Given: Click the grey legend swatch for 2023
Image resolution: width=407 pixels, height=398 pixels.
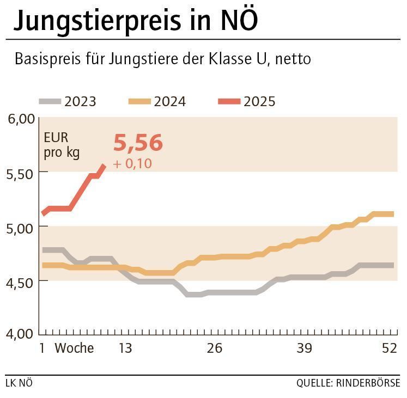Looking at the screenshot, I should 50,101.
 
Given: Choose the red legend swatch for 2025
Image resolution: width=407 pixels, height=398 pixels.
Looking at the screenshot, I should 229,101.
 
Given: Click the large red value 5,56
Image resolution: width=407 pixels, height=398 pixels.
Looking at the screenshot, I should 138,143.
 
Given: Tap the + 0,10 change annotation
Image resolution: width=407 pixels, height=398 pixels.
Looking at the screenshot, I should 132,163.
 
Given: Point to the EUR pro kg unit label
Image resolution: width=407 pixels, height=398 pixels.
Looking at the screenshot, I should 62,145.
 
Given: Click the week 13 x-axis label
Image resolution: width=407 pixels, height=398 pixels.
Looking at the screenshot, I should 125,348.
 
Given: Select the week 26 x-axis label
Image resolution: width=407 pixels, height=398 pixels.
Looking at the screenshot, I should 215,348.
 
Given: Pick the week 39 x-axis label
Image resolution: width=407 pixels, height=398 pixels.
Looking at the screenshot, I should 304,348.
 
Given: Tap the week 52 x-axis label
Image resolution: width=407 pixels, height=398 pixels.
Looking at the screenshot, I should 390,348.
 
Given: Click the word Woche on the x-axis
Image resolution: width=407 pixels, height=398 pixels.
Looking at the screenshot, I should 74,348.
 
